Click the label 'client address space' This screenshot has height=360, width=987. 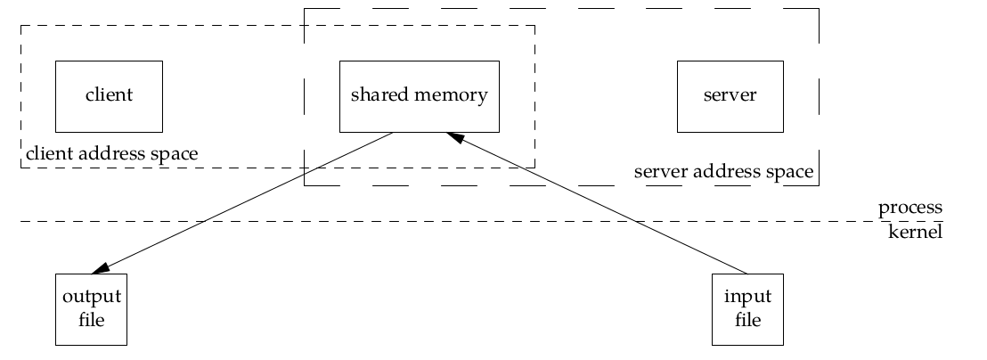(x=112, y=153)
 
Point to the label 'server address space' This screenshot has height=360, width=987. (x=724, y=172)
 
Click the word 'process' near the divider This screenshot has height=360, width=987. (x=910, y=208)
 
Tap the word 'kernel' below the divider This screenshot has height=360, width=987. (x=915, y=232)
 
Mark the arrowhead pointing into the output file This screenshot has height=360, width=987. (x=101, y=269)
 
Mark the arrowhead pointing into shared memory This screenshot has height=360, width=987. (x=455, y=136)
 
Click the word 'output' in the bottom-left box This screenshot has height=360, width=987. (x=92, y=297)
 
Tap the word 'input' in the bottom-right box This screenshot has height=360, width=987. (x=747, y=297)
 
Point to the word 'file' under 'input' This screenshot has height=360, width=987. (x=747, y=320)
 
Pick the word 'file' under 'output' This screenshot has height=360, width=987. (x=91, y=320)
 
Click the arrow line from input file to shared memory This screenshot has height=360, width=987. (x=597, y=203)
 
